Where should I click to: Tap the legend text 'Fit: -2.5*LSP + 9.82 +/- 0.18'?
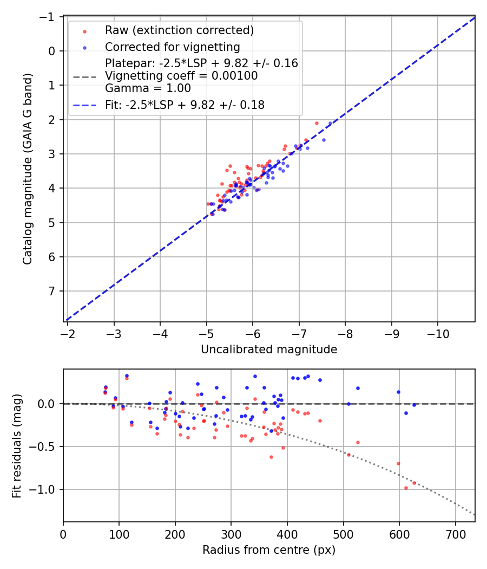(185, 105)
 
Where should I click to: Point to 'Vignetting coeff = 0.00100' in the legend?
(181, 76)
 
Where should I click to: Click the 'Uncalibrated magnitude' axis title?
(269, 350)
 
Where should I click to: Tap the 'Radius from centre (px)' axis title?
(269, 550)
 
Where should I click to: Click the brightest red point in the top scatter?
(317, 123)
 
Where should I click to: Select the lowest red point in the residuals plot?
(406, 488)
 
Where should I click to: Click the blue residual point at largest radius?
(414, 405)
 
